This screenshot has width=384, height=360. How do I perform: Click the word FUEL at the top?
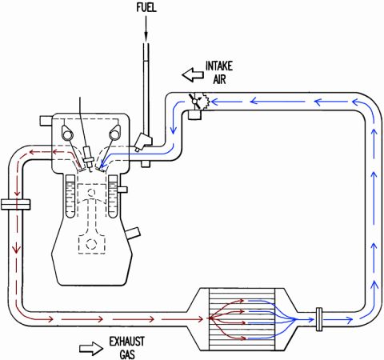146,7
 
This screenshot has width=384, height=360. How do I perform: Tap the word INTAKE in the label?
219,66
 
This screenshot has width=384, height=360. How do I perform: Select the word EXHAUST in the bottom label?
127,342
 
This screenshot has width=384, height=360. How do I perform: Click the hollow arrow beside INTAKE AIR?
193,74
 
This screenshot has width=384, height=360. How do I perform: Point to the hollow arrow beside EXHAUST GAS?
91,349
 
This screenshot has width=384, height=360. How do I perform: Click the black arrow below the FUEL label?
146,28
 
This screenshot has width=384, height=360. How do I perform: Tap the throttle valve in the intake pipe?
195,101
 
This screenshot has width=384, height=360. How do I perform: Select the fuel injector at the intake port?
143,142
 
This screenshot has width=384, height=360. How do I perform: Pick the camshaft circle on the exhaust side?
67,135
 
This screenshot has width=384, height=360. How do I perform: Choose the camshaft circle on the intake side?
114,135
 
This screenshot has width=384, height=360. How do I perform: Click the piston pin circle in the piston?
91,192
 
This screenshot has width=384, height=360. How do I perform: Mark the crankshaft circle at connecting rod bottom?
91,244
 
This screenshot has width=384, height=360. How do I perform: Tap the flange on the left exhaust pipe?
15,205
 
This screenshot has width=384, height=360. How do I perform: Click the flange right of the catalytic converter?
319,319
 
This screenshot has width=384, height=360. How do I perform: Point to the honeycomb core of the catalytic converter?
242,319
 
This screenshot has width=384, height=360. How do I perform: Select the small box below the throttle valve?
194,114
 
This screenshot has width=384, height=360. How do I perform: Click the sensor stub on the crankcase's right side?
134,234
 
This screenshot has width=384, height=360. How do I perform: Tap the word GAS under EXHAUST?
127,354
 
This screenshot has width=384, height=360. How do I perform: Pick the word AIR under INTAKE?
219,79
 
